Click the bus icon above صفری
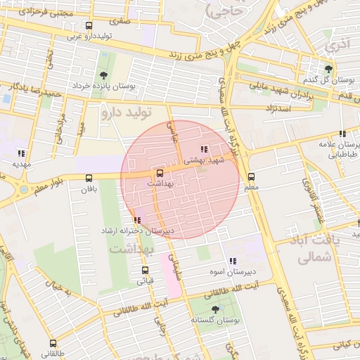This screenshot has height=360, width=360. tap(88, 26)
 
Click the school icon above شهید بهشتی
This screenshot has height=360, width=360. tap(204, 149)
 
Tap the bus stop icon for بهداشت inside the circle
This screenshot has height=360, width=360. tap(159, 172)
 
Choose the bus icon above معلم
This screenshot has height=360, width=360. tap(251, 176)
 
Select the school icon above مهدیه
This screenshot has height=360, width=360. tap(22, 153)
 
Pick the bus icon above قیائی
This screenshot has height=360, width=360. tap(145, 270)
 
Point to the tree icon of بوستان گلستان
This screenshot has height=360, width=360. tap(214, 309)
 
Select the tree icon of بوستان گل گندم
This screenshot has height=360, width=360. tap(328, 68)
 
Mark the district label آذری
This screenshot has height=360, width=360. tap(336, 46)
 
